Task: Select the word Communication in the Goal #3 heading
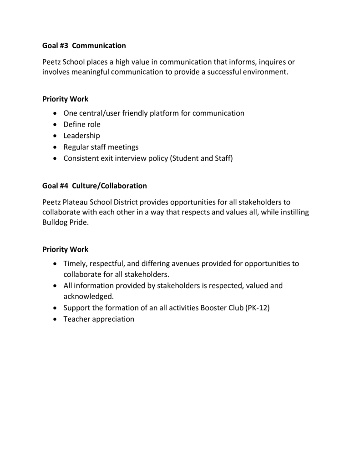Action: (x=99, y=46)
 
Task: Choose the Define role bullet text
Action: (x=82, y=124)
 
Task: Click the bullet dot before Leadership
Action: (x=55, y=136)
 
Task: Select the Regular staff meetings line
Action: (x=101, y=147)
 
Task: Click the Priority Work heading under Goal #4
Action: (x=65, y=249)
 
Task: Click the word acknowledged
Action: (x=88, y=297)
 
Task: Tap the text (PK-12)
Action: (x=258, y=308)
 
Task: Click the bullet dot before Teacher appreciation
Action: (x=55, y=319)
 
